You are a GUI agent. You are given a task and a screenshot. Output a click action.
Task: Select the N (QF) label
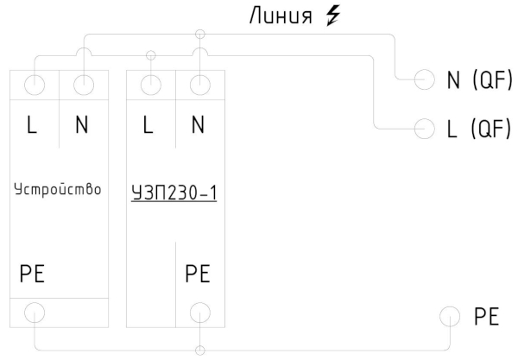480,81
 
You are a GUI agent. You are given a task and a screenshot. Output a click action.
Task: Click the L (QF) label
479,129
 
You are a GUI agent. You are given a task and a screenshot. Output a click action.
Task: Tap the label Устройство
58,186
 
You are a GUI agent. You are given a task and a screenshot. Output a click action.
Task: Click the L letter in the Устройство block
32,125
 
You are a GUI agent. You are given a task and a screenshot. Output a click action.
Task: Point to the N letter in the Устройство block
82,125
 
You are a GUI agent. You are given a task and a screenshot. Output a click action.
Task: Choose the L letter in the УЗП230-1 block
148,125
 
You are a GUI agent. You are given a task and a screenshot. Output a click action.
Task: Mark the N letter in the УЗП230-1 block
198,125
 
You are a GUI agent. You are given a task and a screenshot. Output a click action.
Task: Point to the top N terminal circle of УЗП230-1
200,85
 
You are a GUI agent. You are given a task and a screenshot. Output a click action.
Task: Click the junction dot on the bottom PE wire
200,351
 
